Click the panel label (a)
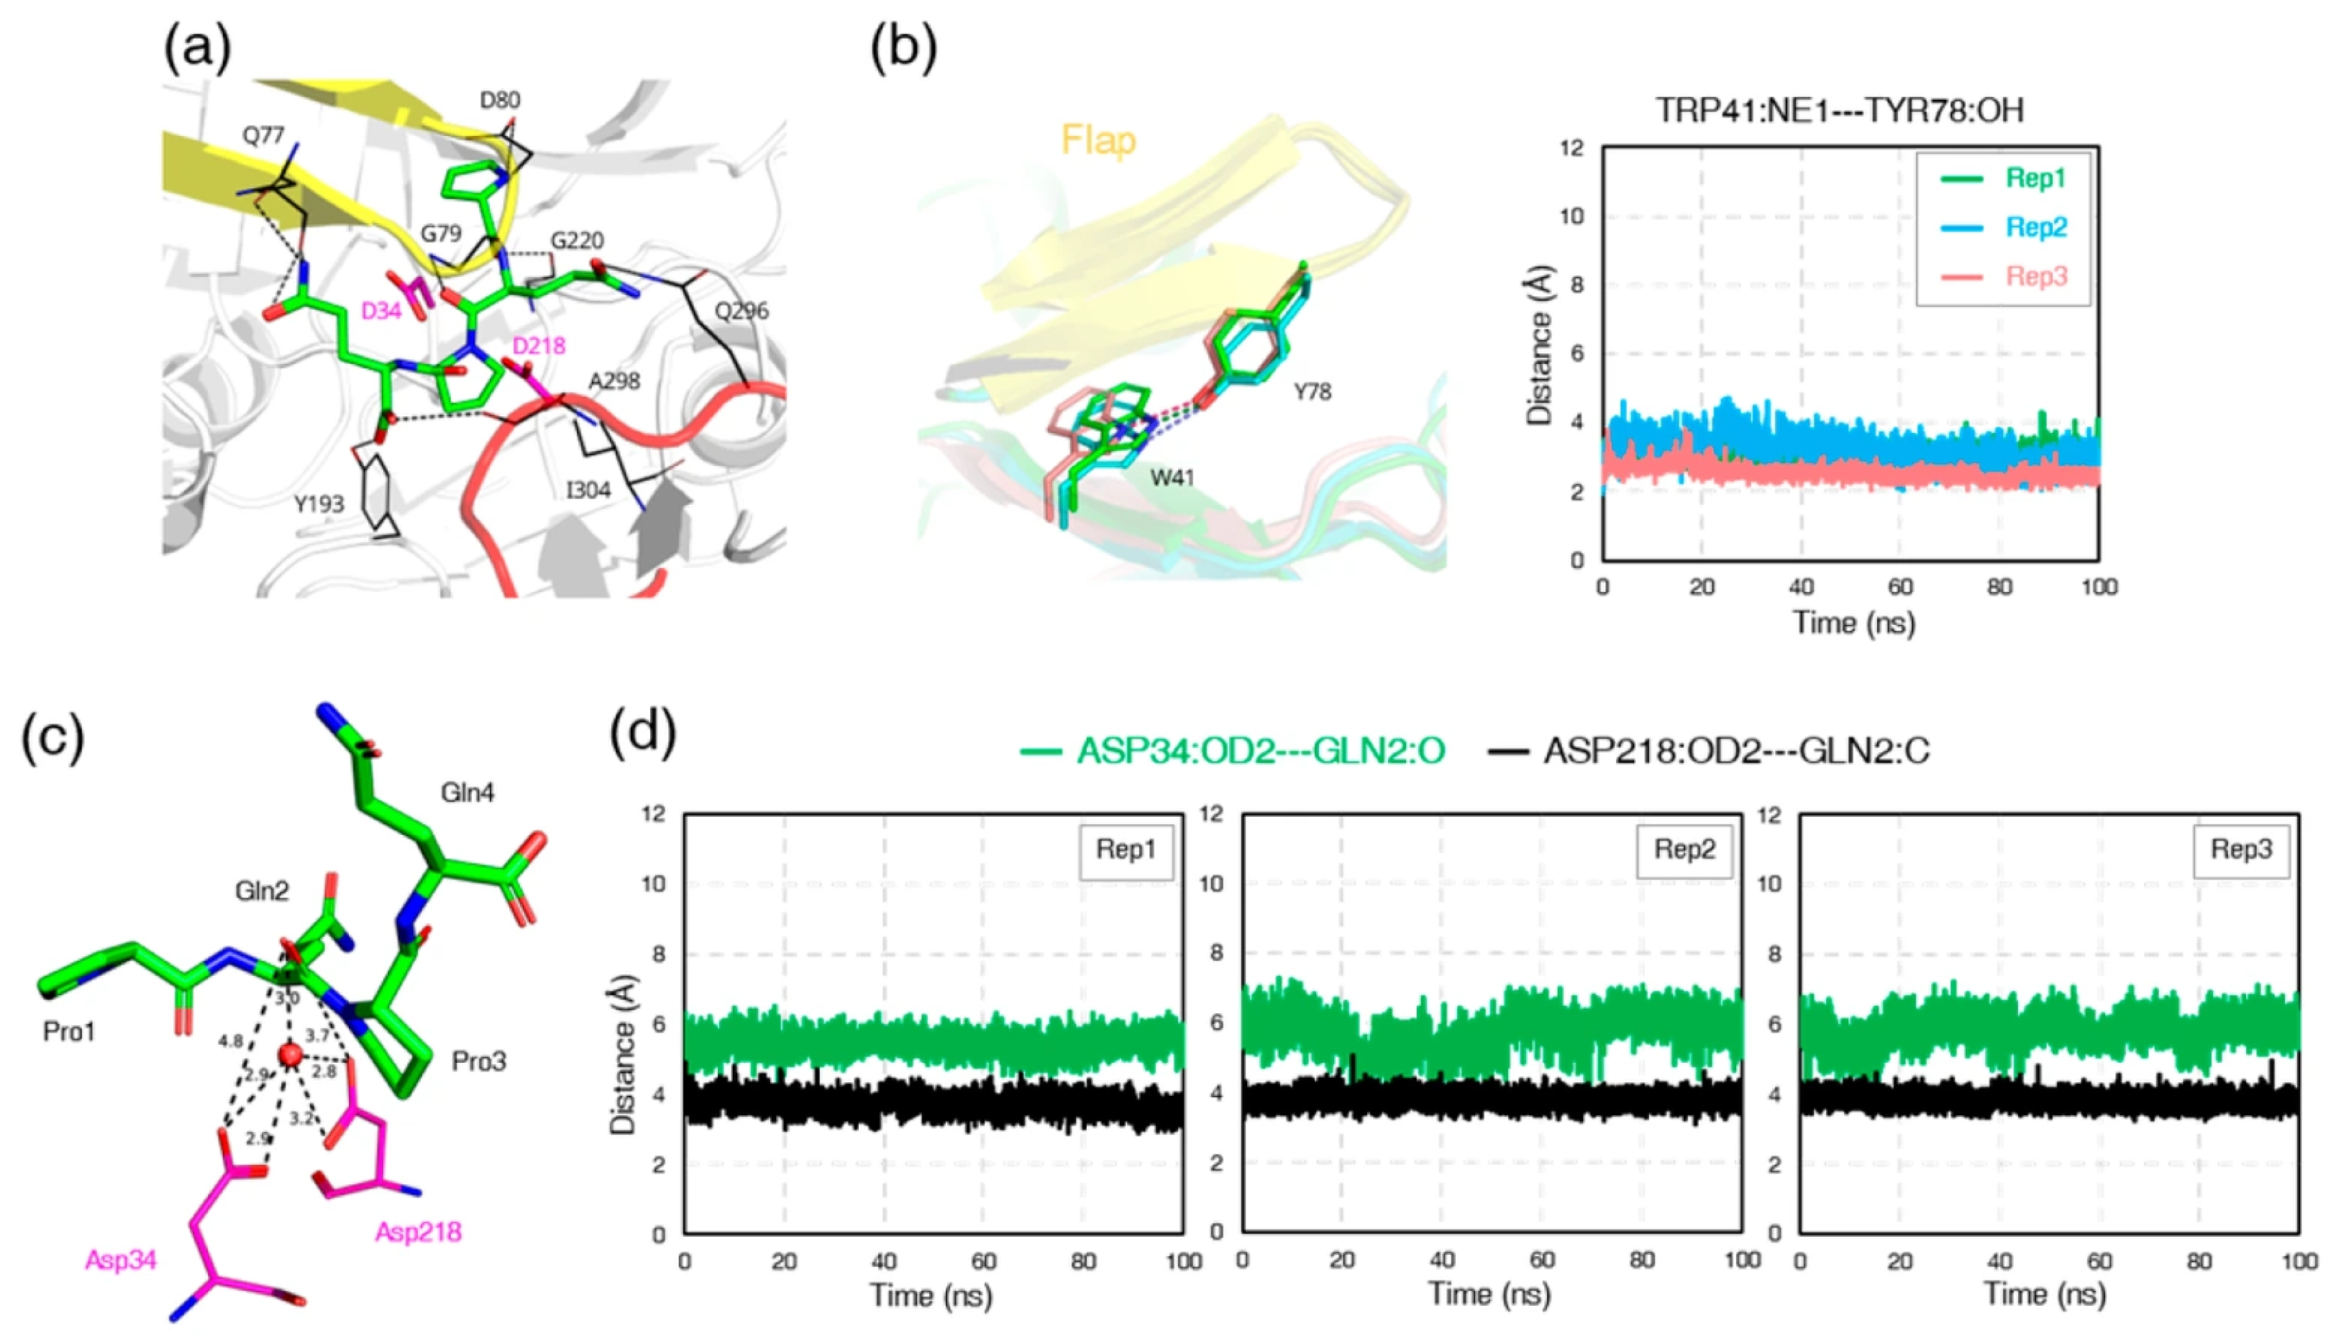click(197, 47)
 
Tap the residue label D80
click(500, 100)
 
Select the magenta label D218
click(539, 346)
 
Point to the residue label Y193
click(319, 504)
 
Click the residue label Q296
click(742, 311)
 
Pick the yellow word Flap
click(1098, 140)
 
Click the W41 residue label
click(1172, 477)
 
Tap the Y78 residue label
click(1312, 392)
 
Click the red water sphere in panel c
click(292, 1056)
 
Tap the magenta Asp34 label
click(120, 1260)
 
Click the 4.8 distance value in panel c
click(230, 1041)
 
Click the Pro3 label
click(478, 1061)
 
